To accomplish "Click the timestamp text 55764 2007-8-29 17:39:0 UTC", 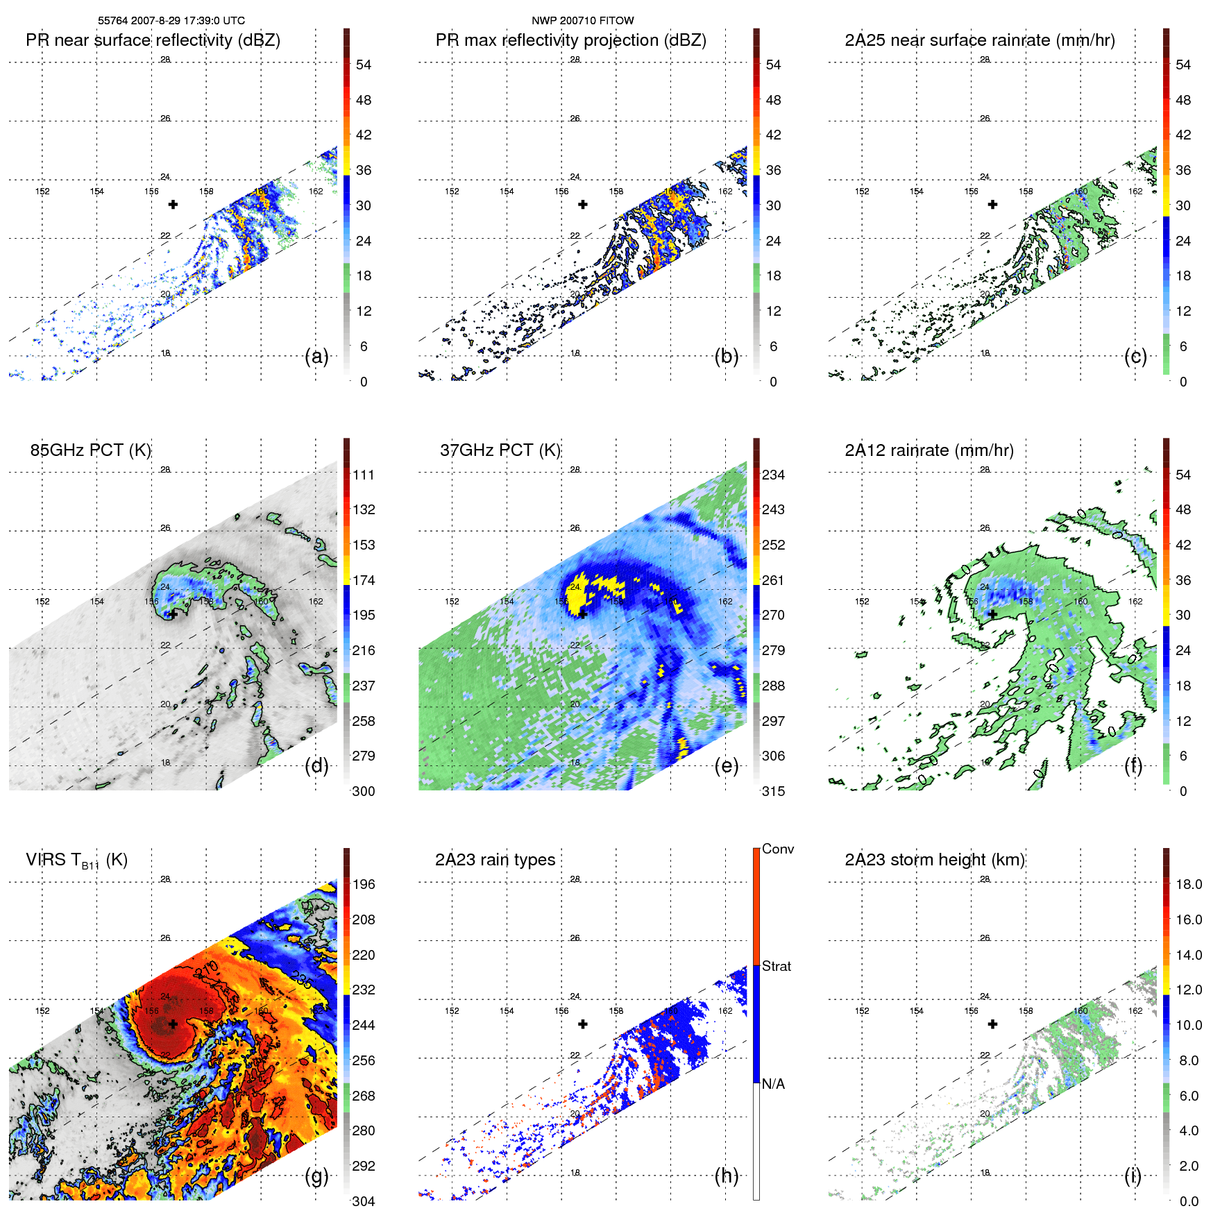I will (171, 21).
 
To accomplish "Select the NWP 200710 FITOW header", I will (582, 21).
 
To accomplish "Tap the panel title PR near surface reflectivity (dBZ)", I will (153, 40).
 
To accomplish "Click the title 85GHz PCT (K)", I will (90, 450).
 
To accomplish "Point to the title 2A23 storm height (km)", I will (934, 860).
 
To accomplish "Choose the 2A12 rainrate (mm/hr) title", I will (929, 450).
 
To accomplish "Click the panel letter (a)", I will (316, 357).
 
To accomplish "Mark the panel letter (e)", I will (726, 766).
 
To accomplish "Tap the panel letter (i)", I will (1133, 1176).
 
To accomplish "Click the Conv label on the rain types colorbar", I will (777, 849).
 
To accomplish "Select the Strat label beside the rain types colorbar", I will (776, 967).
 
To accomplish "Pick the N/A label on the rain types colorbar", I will (773, 1084).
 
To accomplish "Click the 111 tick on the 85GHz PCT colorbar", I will (363, 475).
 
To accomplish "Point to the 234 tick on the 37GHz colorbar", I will (773, 475).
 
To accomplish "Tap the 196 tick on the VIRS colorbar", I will (363, 885).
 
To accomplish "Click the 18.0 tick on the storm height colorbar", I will (1188, 885).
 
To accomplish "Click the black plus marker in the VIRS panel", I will (173, 1024).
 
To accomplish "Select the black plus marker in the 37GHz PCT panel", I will (583, 614).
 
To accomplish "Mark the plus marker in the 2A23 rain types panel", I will (583, 1024).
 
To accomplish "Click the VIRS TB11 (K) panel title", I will (76, 861).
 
